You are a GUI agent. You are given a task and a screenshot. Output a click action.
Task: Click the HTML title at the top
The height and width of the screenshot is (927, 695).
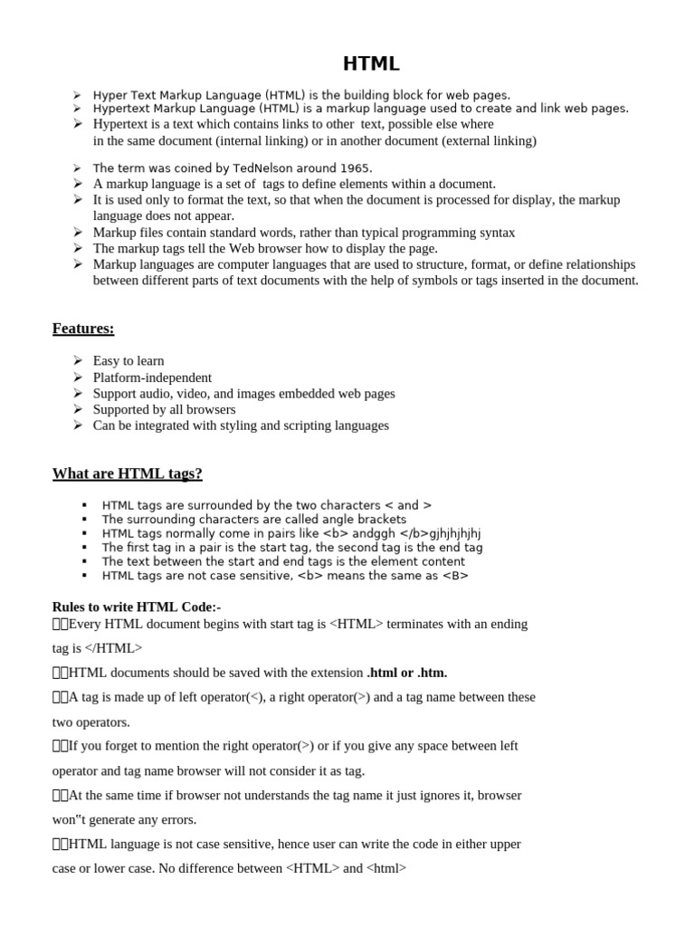371,63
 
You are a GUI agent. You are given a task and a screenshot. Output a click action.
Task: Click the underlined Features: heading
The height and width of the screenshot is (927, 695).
83,328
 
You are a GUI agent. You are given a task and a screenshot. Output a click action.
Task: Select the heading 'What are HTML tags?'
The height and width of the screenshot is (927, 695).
128,473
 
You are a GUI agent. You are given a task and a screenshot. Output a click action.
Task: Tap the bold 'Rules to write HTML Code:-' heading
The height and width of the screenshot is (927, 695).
137,607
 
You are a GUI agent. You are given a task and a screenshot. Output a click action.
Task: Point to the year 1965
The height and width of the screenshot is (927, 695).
356,168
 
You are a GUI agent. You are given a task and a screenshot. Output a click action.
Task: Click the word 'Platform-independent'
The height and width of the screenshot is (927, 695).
152,377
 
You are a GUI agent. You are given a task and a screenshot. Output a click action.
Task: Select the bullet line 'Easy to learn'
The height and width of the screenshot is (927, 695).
129,360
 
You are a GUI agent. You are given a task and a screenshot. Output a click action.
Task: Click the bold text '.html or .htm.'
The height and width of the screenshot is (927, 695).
407,673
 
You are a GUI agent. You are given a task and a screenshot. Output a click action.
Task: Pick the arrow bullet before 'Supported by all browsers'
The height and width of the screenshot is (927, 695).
78,409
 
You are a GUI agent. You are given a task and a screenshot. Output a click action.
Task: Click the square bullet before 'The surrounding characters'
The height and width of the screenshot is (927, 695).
84,520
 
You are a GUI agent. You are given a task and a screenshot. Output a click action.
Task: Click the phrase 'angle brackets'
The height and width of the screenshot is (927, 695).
363,520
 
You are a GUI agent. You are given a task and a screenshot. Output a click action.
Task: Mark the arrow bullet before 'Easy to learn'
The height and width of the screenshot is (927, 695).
78,360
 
